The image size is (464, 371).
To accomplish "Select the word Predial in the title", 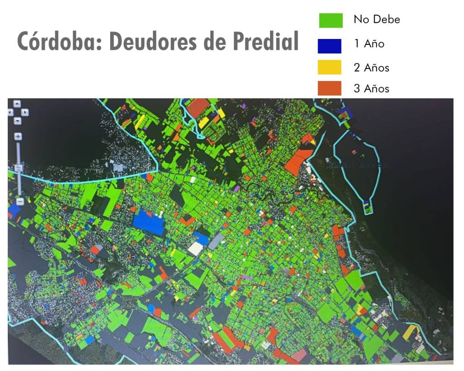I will point(265,42).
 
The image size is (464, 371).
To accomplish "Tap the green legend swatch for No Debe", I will point(330,20).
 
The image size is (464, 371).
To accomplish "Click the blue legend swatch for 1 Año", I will point(329,46).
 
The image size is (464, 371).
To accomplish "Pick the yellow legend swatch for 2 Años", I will point(329,67).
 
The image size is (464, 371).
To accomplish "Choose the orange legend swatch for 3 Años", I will point(329,88).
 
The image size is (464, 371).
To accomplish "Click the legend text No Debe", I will point(377,19).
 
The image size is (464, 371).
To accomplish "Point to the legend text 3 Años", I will point(371,88).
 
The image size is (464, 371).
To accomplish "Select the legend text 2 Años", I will point(371,68).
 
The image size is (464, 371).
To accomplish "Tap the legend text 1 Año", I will point(369,44).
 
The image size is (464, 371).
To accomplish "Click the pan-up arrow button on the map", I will point(17,104).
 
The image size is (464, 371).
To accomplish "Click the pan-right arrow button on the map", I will point(25,112).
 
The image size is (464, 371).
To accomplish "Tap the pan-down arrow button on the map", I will point(17,120).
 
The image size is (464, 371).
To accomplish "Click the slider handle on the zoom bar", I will point(18,168).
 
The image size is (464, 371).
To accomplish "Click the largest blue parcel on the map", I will point(149,222).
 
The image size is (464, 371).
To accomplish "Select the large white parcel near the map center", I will point(196,248).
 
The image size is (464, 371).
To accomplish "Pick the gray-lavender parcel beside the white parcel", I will point(216,241).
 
